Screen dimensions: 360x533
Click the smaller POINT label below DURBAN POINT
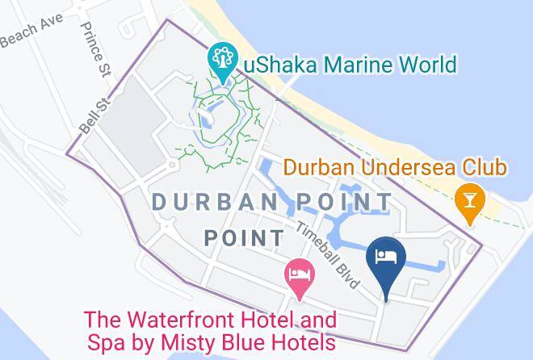click(244, 238)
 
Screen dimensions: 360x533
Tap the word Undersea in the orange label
click(399, 168)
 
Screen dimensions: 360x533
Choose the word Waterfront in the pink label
click(183, 319)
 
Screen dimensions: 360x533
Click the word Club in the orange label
click(485, 168)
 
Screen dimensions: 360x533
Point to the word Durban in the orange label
click(315, 168)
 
